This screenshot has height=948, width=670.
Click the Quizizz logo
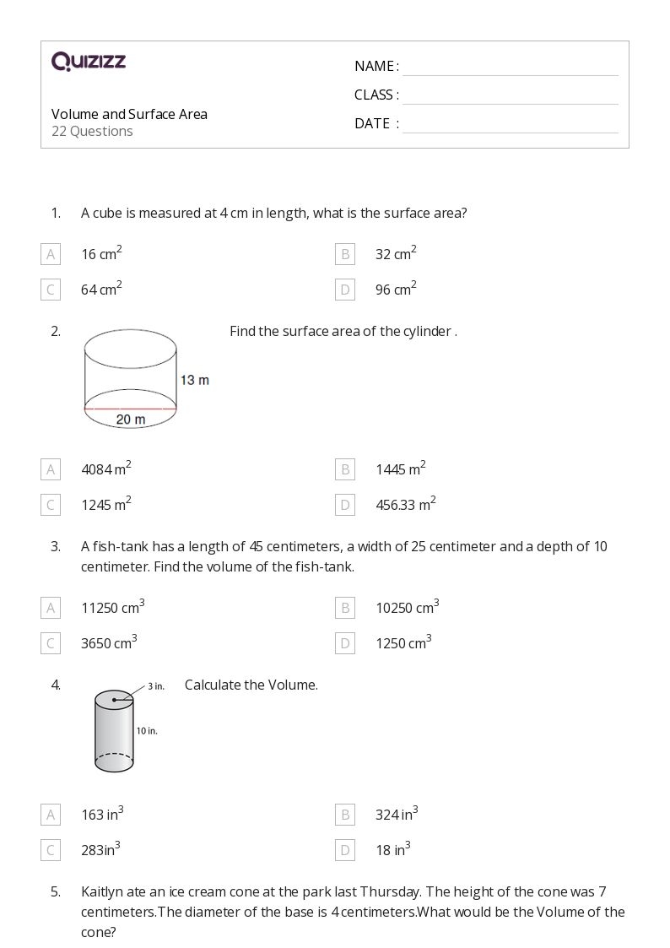click(x=89, y=61)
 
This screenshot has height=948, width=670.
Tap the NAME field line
click(x=510, y=68)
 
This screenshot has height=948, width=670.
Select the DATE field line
click(x=510, y=125)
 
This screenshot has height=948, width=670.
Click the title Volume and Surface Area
click(x=129, y=114)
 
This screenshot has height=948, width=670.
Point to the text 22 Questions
click(x=92, y=131)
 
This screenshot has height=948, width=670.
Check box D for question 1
click(x=344, y=290)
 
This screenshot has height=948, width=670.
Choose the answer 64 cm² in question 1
click(x=101, y=290)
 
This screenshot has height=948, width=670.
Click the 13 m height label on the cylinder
click(x=195, y=380)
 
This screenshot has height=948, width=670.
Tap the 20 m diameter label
click(x=131, y=420)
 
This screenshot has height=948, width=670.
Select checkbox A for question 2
click(x=51, y=469)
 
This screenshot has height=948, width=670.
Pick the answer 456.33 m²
click(x=405, y=505)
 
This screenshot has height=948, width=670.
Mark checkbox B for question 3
click(x=344, y=607)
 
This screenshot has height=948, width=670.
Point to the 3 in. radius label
click(x=155, y=686)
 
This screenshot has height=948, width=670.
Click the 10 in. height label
click(x=147, y=730)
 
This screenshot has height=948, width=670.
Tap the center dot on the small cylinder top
click(x=115, y=700)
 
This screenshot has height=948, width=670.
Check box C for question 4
click(x=51, y=850)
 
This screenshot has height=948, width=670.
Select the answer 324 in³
click(x=397, y=815)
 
